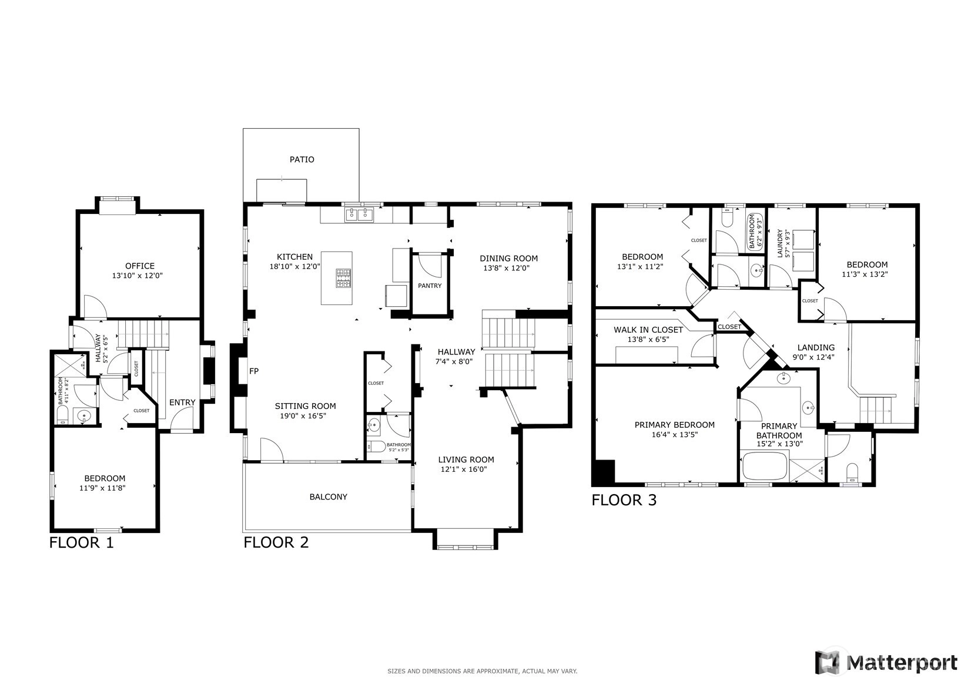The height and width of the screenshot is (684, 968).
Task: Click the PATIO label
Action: coord(302,159)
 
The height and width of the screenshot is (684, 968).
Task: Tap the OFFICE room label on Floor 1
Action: coord(139,266)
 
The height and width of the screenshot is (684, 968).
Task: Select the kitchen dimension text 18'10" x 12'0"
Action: coord(294,267)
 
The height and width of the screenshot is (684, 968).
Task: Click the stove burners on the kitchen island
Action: coord(344,278)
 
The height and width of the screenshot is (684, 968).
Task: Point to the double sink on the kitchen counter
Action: coord(359,214)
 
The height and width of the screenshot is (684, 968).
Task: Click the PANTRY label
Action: coord(430,286)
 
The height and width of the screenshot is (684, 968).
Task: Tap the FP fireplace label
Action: coord(254,371)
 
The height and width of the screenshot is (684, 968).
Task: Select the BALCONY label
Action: coord(328,497)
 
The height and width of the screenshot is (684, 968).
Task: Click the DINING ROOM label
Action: coord(508,259)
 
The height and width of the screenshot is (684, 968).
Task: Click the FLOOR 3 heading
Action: coord(624,500)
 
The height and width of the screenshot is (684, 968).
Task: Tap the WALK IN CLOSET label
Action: coord(648,330)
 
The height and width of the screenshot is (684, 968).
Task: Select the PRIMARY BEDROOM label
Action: coord(674,425)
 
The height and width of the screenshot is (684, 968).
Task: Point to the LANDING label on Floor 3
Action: coord(816,347)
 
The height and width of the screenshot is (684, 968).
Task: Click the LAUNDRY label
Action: coord(780,243)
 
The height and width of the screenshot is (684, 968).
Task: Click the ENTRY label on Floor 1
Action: coord(182,403)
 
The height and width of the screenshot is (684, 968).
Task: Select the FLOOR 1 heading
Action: coord(81,542)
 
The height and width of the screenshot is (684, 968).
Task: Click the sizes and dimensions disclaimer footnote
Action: coord(483,671)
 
